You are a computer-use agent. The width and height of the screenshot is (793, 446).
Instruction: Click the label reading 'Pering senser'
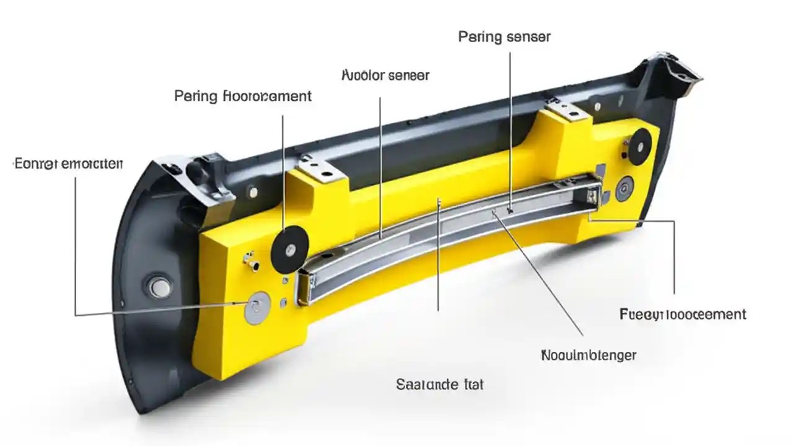pyautogui.click(x=504, y=37)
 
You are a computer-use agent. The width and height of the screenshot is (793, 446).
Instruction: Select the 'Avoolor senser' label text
pyautogui.click(x=385, y=76)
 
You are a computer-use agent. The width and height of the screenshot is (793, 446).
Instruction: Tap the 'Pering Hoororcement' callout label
pyautogui.click(x=243, y=96)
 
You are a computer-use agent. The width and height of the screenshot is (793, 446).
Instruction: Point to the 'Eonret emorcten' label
pyautogui.click(x=68, y=164)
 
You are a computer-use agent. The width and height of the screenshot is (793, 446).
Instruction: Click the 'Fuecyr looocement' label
pyautogui.click(x=683, y=314)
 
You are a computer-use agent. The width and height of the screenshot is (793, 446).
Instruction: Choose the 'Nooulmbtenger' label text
pyautogui.click(x=589, y=356)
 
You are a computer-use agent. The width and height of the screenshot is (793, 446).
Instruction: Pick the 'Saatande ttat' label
pyautogui.click(x=439, y=384)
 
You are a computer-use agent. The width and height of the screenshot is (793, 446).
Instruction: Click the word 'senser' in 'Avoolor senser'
pyautogui.click(x=408, y=76)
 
